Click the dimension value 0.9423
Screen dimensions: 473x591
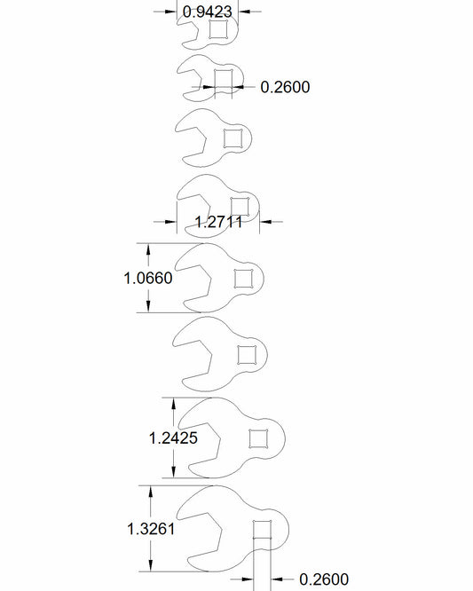208,12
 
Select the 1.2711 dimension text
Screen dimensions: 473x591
218,222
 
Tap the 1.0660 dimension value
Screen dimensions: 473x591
148,278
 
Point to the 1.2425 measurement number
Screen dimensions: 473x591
173,438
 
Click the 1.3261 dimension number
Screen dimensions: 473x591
151,529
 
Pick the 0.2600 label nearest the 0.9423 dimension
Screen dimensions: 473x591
285,87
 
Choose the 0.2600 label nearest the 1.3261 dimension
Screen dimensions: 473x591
324,579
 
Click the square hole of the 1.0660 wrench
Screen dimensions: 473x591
243,279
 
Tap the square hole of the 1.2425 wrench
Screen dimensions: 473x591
258,438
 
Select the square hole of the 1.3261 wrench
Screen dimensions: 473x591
262,530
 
